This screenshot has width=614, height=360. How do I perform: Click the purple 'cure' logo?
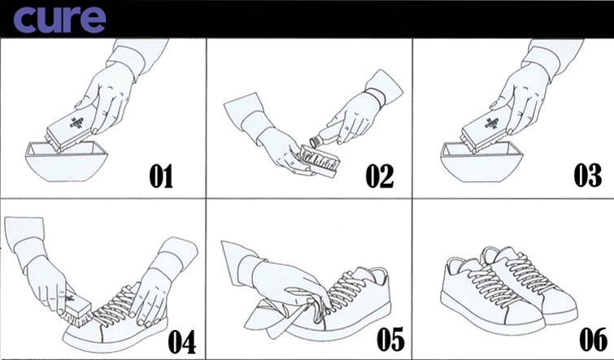pos(59,19)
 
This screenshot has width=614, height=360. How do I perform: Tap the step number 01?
pos(161,176)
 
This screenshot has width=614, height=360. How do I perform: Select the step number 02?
pos(380,176)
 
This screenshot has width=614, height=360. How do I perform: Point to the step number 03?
pos(588,175)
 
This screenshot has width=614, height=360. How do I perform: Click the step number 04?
pos(181,342)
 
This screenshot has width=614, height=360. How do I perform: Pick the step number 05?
pos(390,340)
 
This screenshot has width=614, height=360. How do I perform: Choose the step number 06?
pos(593,340)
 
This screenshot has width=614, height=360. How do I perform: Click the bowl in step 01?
pos(67,163)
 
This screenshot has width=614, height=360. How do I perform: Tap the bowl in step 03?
pos(481,163)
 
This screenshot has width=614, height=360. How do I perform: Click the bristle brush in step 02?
pos(318,160)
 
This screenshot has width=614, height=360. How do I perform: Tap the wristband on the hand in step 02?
pos(377,97)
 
